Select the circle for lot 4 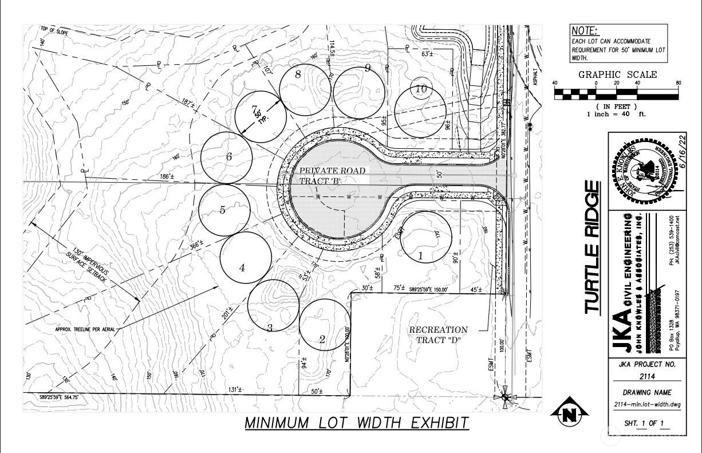point(246,258)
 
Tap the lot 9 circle point(359,92)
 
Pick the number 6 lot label point(228,156)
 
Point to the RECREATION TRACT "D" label point(438,335)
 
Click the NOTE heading point(585,31)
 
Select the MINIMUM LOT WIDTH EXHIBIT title point(357,423)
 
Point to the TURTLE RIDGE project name point(594,247)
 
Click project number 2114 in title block point(647,376)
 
